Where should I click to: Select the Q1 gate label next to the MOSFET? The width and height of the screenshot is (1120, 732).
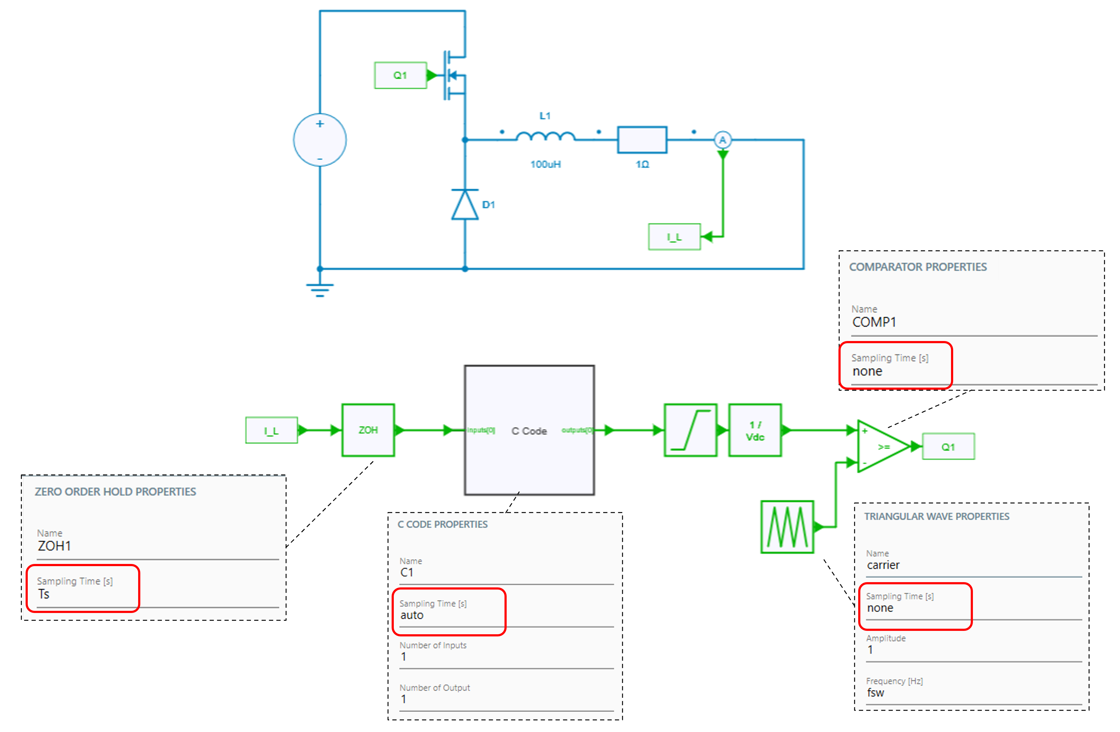[400, 75]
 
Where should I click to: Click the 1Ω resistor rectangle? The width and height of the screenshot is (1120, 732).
[642, 140]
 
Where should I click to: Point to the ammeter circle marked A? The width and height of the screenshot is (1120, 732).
[722, 140]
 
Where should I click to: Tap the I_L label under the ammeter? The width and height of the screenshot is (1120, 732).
[674, 236]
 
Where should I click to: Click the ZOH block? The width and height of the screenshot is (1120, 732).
[368, 430]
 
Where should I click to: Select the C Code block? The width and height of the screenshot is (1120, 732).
[529, 430]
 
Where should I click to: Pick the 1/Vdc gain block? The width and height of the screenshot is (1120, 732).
[755, 430]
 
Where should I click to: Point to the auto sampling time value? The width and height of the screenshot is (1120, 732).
[412, 615]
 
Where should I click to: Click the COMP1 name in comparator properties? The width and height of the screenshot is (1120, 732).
[874, 322]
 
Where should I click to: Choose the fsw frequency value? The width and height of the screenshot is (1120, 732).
[875, 693]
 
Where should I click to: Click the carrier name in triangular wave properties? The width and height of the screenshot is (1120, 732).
[883, 565]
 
